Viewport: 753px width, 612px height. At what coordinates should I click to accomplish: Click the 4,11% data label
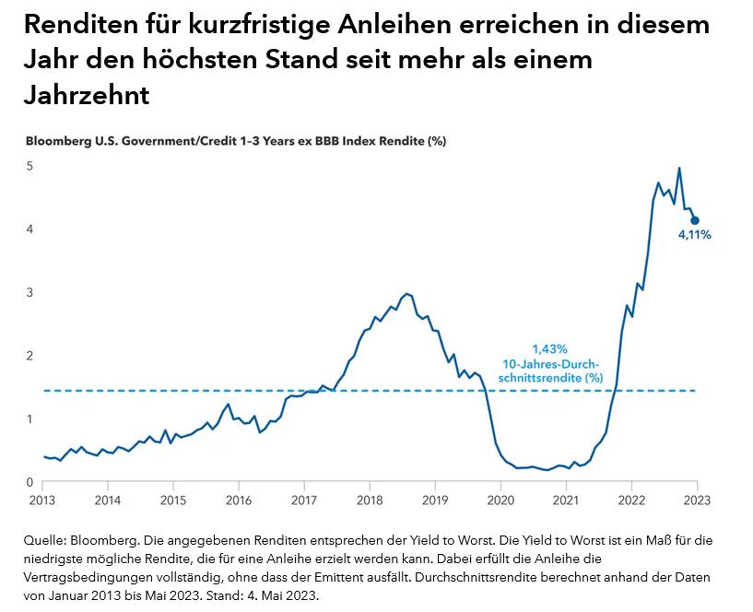tap(696, 235)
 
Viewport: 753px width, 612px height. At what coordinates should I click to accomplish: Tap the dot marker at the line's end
tap(696, 220)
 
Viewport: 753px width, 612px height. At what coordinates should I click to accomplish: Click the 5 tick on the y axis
tap(29, 166)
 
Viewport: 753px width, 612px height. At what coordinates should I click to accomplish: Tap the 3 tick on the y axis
tap(29, 292)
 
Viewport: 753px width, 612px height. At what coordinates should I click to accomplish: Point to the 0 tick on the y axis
tap(29, 482)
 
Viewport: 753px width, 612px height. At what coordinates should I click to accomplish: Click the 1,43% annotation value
tap(550, 349)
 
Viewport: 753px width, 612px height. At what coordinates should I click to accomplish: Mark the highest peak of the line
tap(679, 169)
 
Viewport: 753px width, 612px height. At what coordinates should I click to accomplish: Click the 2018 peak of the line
tap(406, 293)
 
